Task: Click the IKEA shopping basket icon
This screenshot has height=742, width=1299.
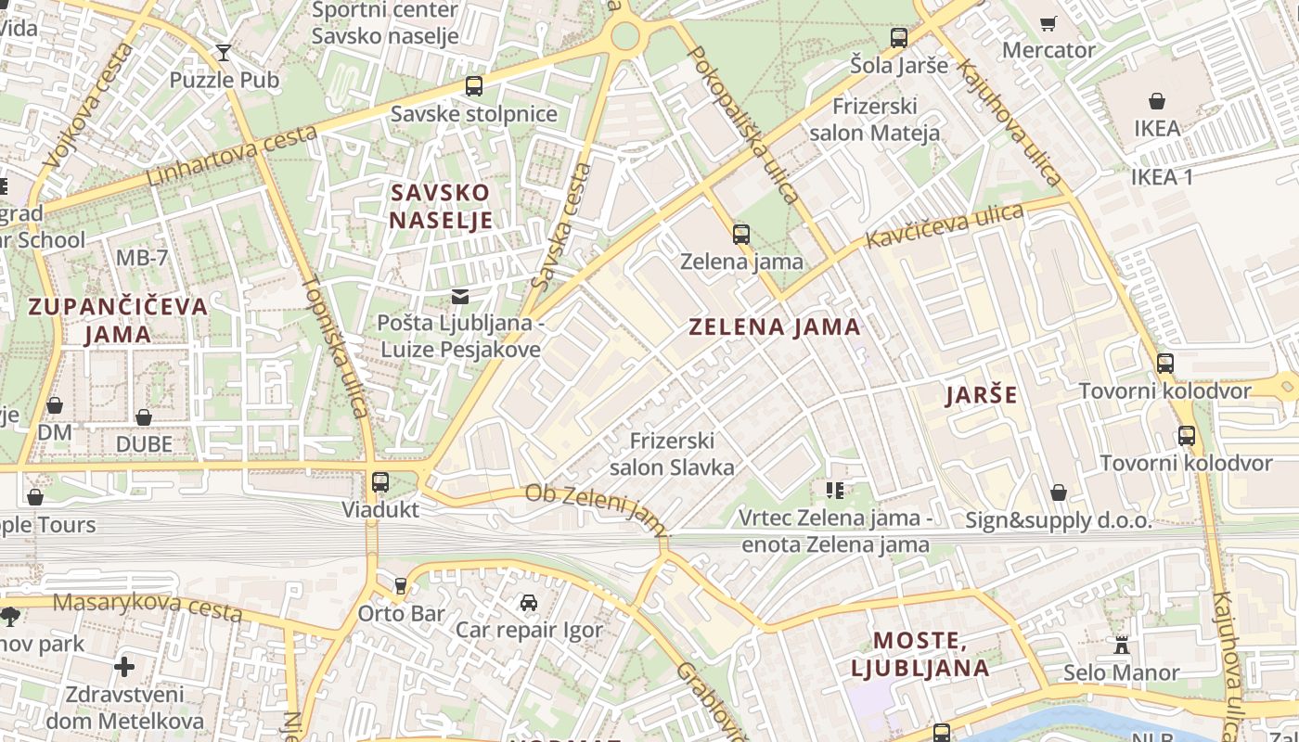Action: pos(1157,101)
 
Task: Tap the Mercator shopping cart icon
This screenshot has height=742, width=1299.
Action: pos(1048,23)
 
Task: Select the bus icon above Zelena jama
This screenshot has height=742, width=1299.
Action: pos(740,235)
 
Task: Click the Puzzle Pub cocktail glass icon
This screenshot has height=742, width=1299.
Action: pos(223,52)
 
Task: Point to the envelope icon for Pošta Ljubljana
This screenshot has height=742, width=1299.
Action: pos(459,297)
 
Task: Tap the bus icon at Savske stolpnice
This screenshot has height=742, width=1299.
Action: pos(474,86)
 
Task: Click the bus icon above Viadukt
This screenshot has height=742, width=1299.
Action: pos(379,482)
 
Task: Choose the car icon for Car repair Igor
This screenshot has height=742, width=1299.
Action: pos(528,603)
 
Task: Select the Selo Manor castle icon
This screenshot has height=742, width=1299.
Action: pos(1121,646)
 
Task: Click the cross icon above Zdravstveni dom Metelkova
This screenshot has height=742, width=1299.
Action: pos(124,667)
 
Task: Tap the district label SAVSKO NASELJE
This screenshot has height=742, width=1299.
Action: pos(441,206)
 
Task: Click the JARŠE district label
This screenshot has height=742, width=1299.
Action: pos(981,395)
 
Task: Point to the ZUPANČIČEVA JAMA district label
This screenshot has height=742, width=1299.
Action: pos(118,320)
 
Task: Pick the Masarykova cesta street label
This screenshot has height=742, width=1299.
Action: pos(148,608)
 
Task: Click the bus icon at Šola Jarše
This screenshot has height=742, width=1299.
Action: pos(898,38)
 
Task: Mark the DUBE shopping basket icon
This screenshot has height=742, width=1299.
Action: pos(144,417)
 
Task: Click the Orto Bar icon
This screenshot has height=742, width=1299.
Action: pos(401,586)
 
